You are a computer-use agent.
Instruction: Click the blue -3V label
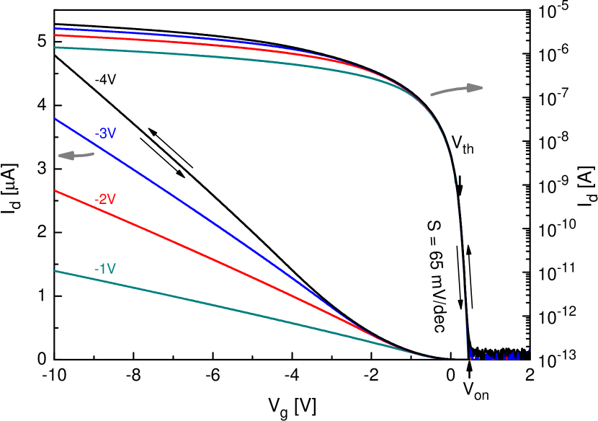click(106, 133)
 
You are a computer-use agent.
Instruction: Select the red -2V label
click(105, 199)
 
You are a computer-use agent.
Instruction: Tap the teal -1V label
click(105, 269)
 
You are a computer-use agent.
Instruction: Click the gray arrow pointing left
click(76, 155)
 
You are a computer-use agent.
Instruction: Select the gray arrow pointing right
click(457, 89)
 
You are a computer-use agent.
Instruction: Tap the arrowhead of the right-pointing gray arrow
click(475, 88)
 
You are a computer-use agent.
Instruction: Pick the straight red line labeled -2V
click(216, 260)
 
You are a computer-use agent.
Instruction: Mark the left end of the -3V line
click(55, 118)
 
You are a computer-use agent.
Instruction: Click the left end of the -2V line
click(55, 191)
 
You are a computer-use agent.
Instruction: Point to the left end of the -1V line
click(55, 271)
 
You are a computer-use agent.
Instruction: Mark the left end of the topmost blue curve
click(55, 29)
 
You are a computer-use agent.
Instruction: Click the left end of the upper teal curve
click(55, 48)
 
